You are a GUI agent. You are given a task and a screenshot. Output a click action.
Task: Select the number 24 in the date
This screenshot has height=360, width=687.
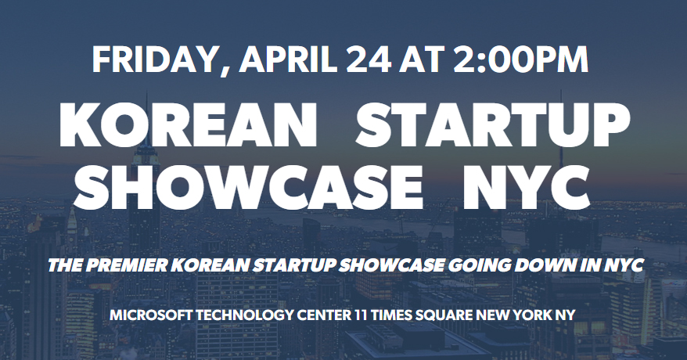point(369,59)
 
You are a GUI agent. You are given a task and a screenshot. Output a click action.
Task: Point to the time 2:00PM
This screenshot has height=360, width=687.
point(520,59)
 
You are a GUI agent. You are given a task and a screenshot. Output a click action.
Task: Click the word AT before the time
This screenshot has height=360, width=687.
point(422,59)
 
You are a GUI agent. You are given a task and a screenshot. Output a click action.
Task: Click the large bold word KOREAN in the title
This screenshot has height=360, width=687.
point(188,125)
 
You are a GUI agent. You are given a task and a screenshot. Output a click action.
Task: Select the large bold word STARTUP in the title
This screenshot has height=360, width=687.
point(492,125)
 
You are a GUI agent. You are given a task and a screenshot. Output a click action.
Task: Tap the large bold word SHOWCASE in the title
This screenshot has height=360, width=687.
point(248,187)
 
